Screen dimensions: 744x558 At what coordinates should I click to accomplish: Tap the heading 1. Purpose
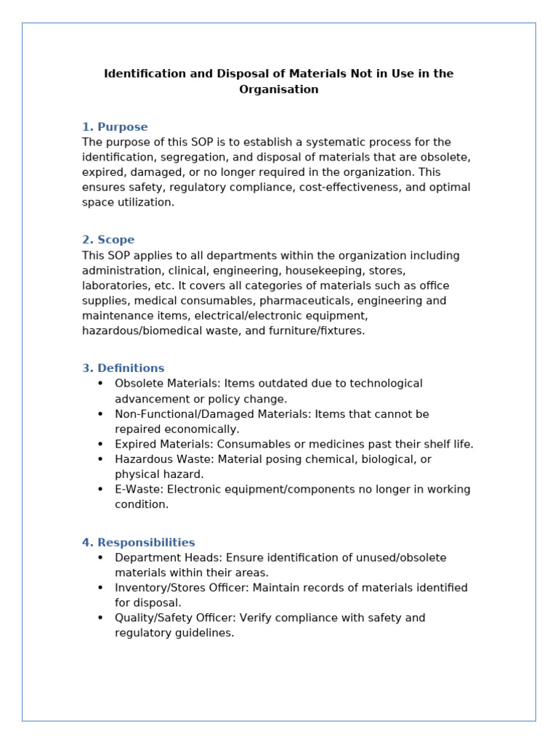[115, 127]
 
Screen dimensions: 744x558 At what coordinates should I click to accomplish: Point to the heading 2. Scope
[108, 240]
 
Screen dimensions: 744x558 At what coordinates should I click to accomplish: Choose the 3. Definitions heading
[124, 368]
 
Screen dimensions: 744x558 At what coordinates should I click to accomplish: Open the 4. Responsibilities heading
[139, 543]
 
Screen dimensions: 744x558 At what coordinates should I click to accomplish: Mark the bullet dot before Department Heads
[100, 558]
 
